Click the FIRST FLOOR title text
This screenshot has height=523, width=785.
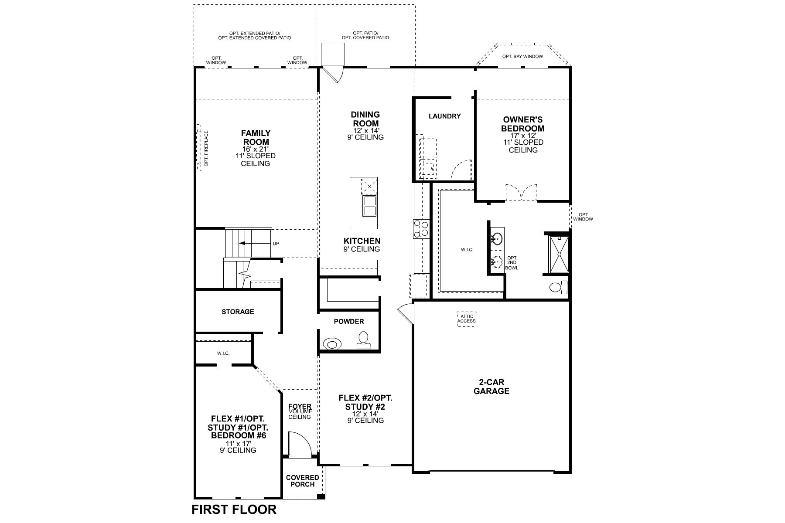234,509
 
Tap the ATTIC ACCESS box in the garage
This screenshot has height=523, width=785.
466,319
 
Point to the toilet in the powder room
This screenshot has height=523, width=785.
363,340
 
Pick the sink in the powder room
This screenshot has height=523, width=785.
332,344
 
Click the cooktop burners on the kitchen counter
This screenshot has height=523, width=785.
421,229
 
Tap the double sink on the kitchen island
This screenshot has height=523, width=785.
370,206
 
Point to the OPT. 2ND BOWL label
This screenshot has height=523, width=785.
512,263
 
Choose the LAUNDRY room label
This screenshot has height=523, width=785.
444,116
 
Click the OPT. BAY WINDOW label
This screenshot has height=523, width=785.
522,56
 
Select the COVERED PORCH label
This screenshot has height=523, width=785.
302,481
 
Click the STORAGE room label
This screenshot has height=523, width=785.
238,312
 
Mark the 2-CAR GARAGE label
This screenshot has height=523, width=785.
491,387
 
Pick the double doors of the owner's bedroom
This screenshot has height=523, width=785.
522,193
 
